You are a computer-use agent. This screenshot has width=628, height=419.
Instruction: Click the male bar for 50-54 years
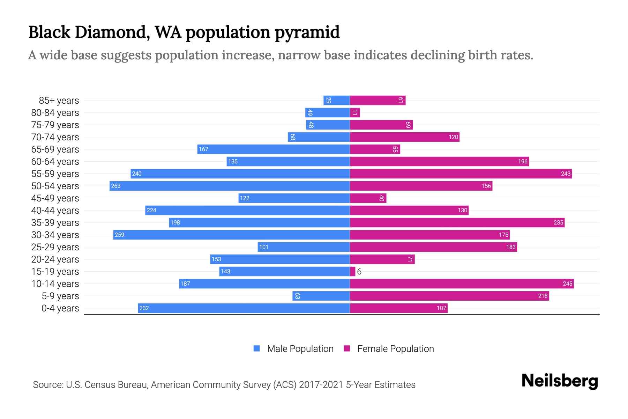pyautogui.click(x=230, y=186)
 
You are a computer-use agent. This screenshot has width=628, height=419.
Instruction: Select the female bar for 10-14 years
pyautogui.click(x=462, y=284)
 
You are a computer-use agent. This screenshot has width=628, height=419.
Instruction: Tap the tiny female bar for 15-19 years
pyautogui.click(x=353, y=271)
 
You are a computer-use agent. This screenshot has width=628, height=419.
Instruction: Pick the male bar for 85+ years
pyautogui.click(x=337, y=100)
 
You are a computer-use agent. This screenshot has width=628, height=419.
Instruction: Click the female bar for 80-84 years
pyautogui.click(x=355, y=112)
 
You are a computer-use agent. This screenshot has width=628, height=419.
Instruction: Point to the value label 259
pyautogui.click(x=119, y=235)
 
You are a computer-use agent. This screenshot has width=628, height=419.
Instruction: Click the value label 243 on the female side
pyautogui.click(x=566, y=174)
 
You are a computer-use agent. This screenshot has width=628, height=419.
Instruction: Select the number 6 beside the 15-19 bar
pyautogui.click(x=359, y=272)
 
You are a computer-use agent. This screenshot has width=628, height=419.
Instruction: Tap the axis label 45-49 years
pyautogui.click(x=55, y=198)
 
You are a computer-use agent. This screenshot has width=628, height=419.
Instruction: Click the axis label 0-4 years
pyautogui.click(x=60, y=308)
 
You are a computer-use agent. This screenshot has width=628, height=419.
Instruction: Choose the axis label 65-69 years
pyautogui.click(x=55, y=149)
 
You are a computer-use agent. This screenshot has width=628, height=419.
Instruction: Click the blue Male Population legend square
pyautogui.click(x=257, y=348)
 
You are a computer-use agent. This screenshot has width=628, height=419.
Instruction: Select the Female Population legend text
pyautogui.click(x=395, y=348)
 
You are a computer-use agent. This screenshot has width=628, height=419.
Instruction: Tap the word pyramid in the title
pyautogui.click(x=307, y=32)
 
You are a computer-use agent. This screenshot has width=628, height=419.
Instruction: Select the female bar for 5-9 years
pyautogui.click(x=449, y=296)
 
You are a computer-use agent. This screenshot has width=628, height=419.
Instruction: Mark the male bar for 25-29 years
pyautogui.click(x=304, y=247)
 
